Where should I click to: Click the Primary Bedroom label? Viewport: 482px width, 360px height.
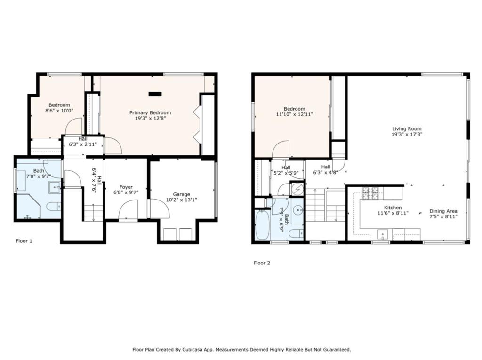point(150,112)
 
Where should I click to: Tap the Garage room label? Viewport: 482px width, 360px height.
point(181,194)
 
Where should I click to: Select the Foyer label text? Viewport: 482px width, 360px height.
point(126,187)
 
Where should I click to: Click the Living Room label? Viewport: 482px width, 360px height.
point(407,128)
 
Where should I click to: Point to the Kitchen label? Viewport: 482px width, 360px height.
point(393,208)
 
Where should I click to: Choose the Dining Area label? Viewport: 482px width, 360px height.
point(443,211)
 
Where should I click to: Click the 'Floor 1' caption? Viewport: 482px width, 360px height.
point(24,241)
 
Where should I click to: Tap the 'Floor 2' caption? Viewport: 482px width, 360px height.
point(262,263)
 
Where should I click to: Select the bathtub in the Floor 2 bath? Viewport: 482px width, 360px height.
point(262,225)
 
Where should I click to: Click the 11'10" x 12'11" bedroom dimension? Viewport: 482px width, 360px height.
point(294,114)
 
